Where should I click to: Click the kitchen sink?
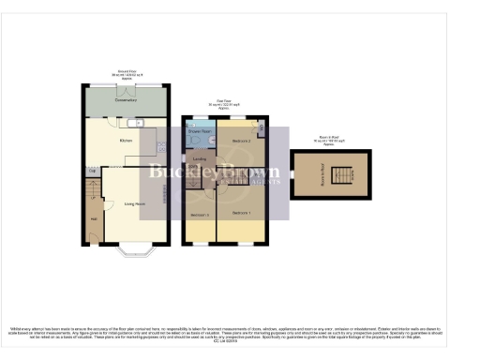pyautogui.click(x=138, y=123)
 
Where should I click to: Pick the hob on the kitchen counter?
pyautogui.click(x=161, y=144)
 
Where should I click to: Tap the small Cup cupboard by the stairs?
pyautogui.click(x=93, y=171)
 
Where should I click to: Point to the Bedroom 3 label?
pyautogui.click(x=199, y=216)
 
